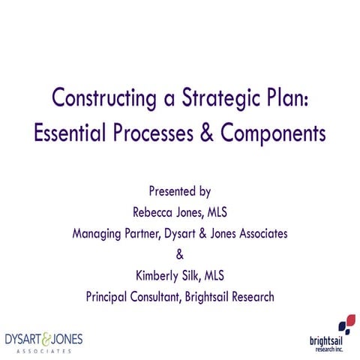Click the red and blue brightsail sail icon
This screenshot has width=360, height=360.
[x=346, y=323]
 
